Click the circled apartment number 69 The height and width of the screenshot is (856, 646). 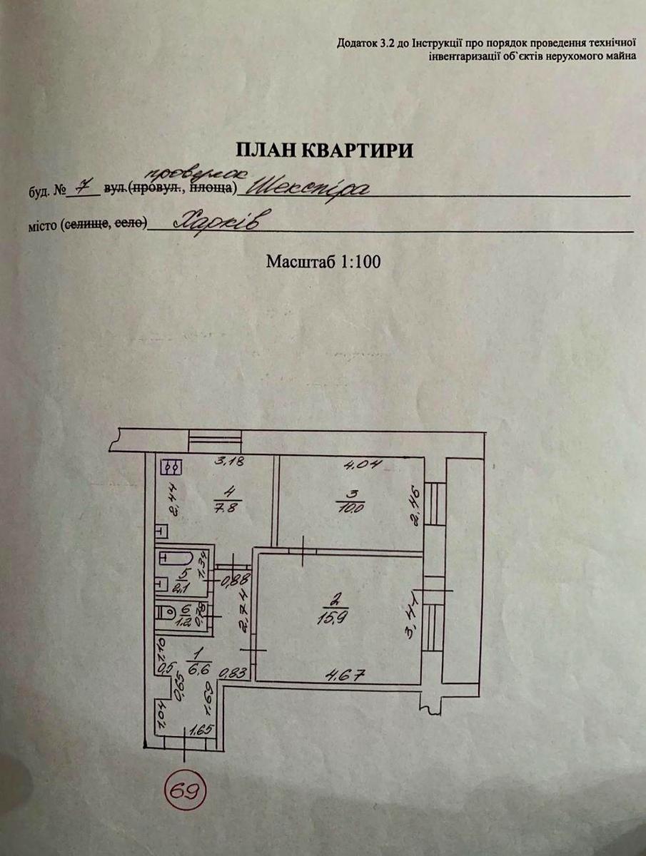185,789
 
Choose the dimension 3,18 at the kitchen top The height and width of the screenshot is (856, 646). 230,462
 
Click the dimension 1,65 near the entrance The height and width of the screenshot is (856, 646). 197,730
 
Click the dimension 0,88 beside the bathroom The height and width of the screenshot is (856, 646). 228,579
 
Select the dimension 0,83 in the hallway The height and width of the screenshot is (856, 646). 229,672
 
